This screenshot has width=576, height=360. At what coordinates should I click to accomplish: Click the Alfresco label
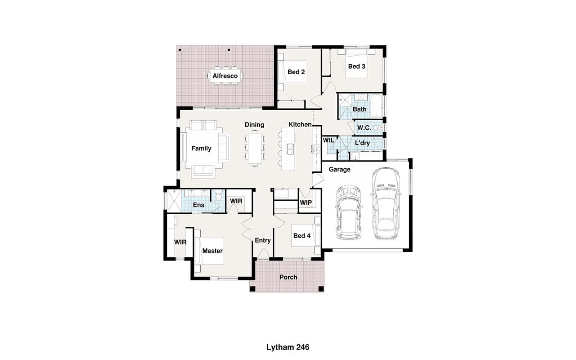click(x=225, y=76)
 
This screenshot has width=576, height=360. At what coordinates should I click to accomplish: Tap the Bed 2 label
click(x=296, y=72)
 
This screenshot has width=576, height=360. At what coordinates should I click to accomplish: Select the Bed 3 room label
click(x=357, y=66)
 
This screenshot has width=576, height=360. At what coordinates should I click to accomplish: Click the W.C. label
click(x=364, y=128)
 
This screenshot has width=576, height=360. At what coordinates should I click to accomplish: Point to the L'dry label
click(x=362, y=143)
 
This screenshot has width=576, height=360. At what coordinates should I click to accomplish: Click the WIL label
click(x=328, y=140)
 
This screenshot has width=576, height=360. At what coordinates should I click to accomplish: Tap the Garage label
click(x=339, y=170)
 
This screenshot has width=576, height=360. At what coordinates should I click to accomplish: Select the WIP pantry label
click(x=306, y=202)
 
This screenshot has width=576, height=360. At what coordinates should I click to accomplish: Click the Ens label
click(x=198, y=205)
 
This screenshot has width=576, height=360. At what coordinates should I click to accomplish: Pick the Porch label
click(x=288, y=277)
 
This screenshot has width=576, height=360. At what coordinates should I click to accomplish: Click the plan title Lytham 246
click(x=288, y=347)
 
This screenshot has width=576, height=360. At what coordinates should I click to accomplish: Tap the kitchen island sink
click(x=290, y=149)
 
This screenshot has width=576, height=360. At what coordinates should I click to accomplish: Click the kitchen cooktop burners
click(x=315, y=149)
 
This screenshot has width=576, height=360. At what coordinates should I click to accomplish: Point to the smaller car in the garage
click(x=349, y=213)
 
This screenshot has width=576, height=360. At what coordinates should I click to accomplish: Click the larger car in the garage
click(x=386, y=204)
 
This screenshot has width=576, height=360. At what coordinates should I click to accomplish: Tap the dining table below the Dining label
click(x=255, y=148)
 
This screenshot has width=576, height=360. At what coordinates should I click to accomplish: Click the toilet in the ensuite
click(x=219, y=196)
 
